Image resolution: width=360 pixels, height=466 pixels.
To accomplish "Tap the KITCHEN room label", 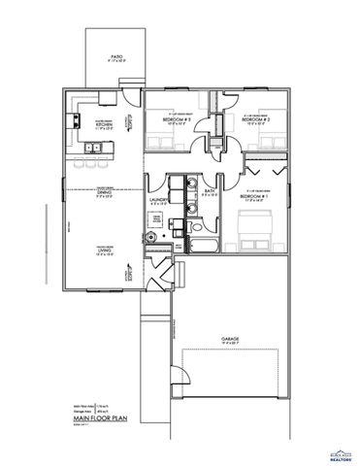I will click(x=104, y=124).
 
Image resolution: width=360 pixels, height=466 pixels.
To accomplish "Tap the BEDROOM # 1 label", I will click(x=253, y=196).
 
